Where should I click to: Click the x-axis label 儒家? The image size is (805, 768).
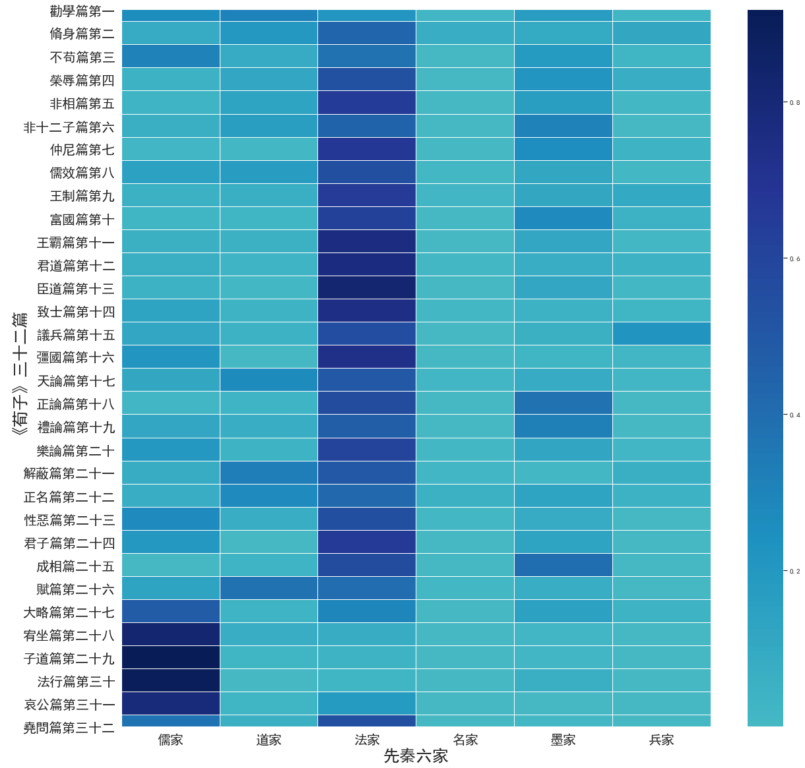pyautogui.click(x=170, y=740)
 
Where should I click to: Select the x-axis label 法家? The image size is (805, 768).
pyautogui.click(x=367, y=740)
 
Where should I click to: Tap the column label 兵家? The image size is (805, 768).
pyautogui.click(x=661, y=740)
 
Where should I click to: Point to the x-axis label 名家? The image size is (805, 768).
pyautogui.click(x=465, y=740)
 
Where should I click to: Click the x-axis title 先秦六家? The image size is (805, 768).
pyautogui.click(x=416, y=756)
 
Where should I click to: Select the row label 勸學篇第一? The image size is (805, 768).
pyautogui.click(x=82, y=11)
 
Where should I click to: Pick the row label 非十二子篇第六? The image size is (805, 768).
pyautogui.click(x=69, y=127)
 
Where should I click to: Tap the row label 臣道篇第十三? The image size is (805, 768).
pyautogui.click(x=75, y=288)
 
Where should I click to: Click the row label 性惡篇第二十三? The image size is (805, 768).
pyautogui.click(x=69, y=519)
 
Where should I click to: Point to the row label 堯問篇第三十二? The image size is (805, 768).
pyautogui.click(x=69, y=728)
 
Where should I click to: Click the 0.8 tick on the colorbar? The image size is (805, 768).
pyautogui.click(x=794, y=103)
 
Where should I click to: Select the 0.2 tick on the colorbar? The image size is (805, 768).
pyautogui.click(x=794, y=571)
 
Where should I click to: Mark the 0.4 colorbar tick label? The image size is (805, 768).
pyautogui.click(x=794, y=415)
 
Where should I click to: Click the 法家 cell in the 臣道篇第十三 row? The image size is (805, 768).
pyautogui.click(x=367, y=288)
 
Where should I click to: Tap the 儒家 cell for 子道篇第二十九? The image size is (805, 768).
pyautogui.click(x=170, y=658)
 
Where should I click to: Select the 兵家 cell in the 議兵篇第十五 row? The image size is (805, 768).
pyautogui.click(x=661, y=334)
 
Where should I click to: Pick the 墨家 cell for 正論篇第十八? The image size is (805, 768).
pyautogui.click(x=563, y=403)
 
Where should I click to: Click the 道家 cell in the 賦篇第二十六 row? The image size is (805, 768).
pyautogui.click(x=269, y=589)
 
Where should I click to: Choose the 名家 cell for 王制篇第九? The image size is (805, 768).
pyautogui.click(x=465, y=196)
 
